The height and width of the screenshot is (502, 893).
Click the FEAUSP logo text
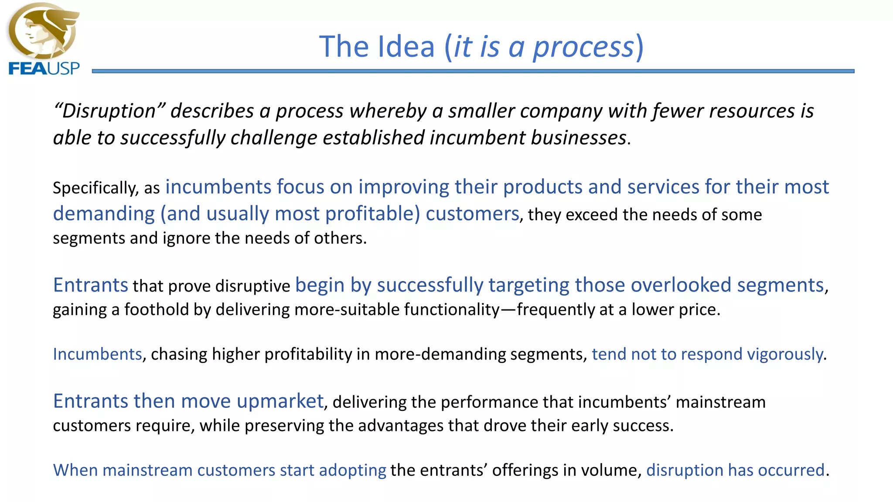[x=44, y=68]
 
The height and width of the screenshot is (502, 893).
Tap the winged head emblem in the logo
[x=43, y=31]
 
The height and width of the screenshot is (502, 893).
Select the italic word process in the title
[x=583, y=47]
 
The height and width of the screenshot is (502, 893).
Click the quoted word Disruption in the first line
[x=109, y=111]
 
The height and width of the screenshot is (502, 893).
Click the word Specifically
[x=95, y=188]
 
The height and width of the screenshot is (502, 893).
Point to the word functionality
[x=451, y=310]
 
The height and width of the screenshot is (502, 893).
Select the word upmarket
[x=279, y=401]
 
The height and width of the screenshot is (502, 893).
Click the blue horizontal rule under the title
[x=473, y=71]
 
